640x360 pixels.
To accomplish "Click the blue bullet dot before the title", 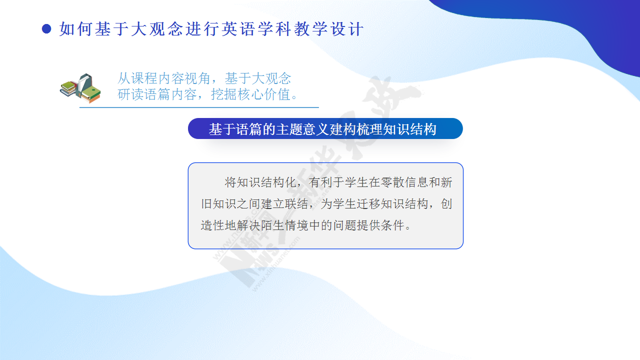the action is coord(46,29).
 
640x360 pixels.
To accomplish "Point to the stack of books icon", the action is coord(80,88).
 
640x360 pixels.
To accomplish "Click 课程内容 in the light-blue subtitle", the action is coord(157,78).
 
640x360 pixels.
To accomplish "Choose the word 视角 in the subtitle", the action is coord(197,78).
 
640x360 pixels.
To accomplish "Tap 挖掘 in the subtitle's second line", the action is coord(224,94).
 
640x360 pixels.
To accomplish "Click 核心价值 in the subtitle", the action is coord(264,94).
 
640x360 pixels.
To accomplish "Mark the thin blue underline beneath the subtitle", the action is coord(199,107).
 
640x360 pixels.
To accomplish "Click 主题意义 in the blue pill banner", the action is coord(302,129).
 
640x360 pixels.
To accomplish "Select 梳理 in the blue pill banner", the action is coord(369,129).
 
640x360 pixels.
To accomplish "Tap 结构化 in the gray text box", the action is coord(278,182).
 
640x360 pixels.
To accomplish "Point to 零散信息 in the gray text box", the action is coord(404,182).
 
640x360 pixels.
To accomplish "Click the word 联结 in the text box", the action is coord(296,204).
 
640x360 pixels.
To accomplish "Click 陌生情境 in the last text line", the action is coord(284,225).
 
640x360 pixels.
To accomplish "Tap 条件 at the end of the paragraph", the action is coord(392,225).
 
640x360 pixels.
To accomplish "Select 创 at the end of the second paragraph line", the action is coord(446,204).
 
